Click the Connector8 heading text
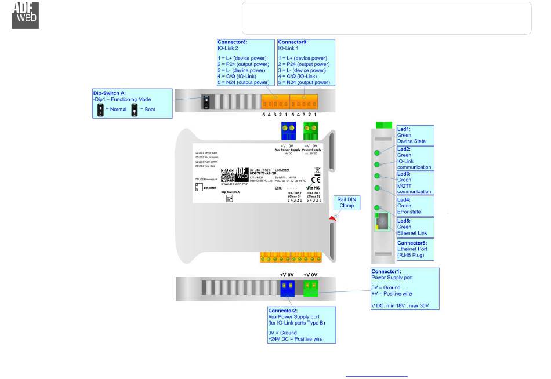pos(232,42)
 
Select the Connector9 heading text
pos(293,42)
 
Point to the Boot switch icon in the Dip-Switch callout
pos(135,108)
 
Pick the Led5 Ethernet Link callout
pos(414,227)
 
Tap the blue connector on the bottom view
pos(287,287)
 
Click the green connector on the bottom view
pos(311,287)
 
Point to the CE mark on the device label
pos(316,180)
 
